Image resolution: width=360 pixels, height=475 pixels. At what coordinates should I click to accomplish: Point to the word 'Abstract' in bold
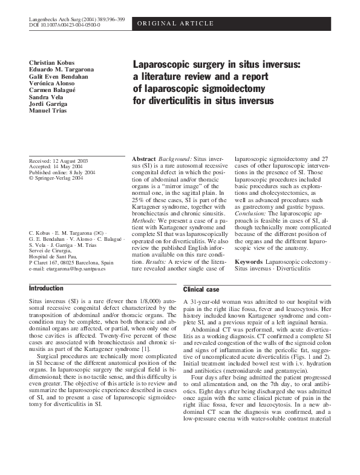144,158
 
